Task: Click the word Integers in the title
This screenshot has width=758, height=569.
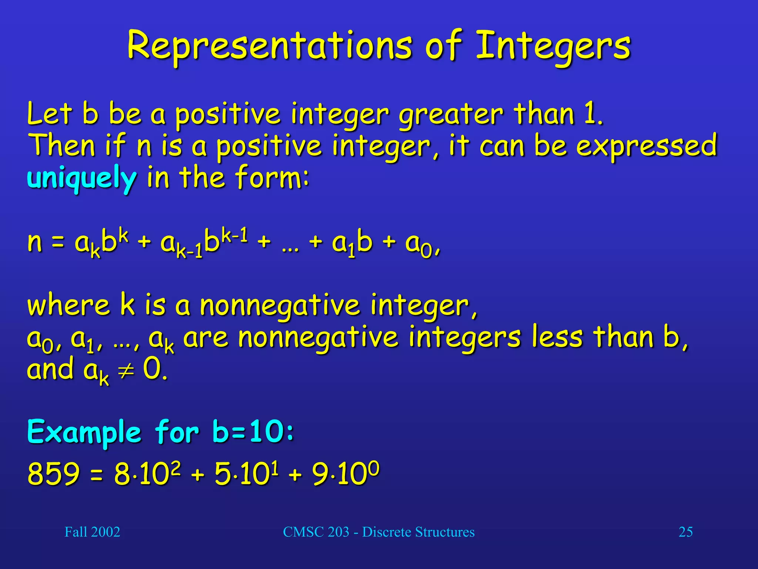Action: [553, 47]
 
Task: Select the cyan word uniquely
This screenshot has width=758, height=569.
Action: [82, 178]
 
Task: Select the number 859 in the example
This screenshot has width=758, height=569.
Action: [54, 474]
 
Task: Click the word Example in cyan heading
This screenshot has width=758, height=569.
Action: [84, 432]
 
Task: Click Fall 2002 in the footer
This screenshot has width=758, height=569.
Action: [92, 532]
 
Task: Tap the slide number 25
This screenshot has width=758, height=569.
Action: [685, 532]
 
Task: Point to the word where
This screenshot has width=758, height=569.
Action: [68, 305]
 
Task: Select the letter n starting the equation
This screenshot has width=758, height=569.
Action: [34, 242]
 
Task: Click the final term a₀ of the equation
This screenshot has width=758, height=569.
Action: [419, 244]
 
